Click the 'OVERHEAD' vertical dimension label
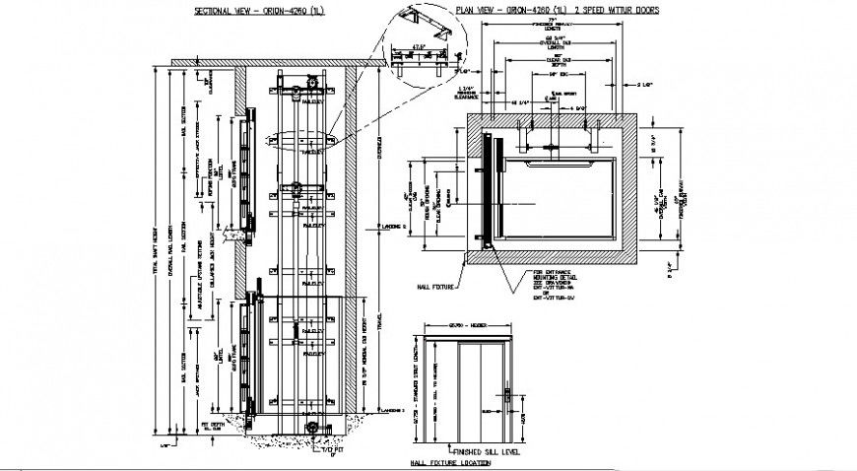380,148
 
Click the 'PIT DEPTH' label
211,426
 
